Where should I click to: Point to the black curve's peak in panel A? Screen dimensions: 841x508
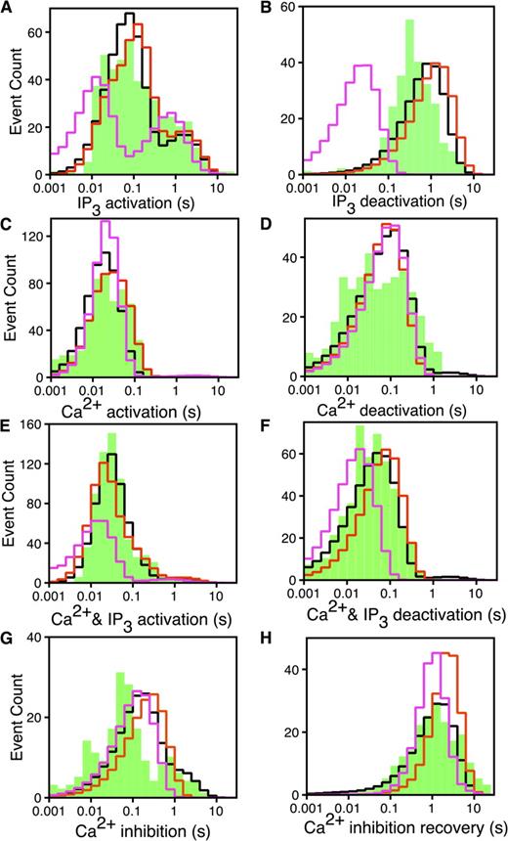(130, 14)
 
